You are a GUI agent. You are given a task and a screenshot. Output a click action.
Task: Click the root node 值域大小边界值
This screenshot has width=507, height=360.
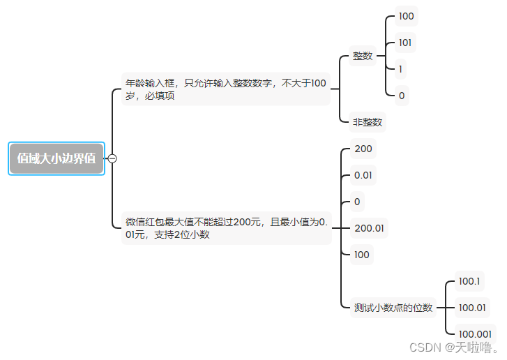pyautogui.click(x=56, y=158)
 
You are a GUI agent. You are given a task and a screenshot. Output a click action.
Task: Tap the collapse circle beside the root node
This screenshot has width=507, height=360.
pyautogui.click(x=112, y=158)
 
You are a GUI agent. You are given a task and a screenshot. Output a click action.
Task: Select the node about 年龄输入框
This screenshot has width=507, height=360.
pyautogui.click(x=225, y=89)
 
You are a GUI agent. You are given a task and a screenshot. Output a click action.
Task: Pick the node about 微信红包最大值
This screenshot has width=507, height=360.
pyautogui.click(x=225, y=228)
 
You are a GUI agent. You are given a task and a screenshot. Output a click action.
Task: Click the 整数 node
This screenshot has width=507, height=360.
pyautogui.click(x=363, y=56)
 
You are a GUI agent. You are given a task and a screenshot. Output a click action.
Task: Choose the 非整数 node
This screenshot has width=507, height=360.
pyautogui.click(x=368, y=122)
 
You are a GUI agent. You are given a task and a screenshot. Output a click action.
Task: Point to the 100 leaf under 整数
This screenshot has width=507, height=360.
pyautogui.click(x=407, y=15)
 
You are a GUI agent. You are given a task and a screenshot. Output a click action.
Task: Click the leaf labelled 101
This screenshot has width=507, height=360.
pyautogui.click(x=405, y=43)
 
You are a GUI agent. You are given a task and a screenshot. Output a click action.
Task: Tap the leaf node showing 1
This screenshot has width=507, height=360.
pyautogui.click(x=401, y=69)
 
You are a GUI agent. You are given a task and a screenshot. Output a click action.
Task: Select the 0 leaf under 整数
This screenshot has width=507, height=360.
pyautogui.click(x=401, y=96)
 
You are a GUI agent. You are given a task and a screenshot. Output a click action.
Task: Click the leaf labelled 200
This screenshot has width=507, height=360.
pyautogui.click(x=363, y=149)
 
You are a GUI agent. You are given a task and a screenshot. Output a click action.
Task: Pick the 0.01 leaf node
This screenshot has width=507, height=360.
pyautogui.click(x=363, y=175)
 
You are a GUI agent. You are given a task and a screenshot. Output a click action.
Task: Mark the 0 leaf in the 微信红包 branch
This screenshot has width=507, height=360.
pyautogui.click(x=357, y=202)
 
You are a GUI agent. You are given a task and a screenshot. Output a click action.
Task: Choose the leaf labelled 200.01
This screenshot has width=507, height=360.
pyautogui.click(x=370, y=228)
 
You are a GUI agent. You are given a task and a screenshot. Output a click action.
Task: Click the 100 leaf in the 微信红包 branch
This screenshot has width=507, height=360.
pyautogui.click(x=362, y=255)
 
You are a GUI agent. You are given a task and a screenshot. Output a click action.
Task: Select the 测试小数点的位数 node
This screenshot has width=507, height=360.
pyautogui.click(x=393, y=307)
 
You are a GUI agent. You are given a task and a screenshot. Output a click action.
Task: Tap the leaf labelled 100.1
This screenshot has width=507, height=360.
pyautogui.click(x=469, y=281)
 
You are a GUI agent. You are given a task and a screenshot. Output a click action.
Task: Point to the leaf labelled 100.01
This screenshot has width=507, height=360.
pyautogui.click(x=472, y=307)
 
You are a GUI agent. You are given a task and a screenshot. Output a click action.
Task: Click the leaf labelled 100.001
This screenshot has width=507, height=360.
pyautogui.click(x=476, y=333)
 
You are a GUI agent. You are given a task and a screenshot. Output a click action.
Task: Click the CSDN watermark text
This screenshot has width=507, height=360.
pyautogui.click(x=454, y=347)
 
